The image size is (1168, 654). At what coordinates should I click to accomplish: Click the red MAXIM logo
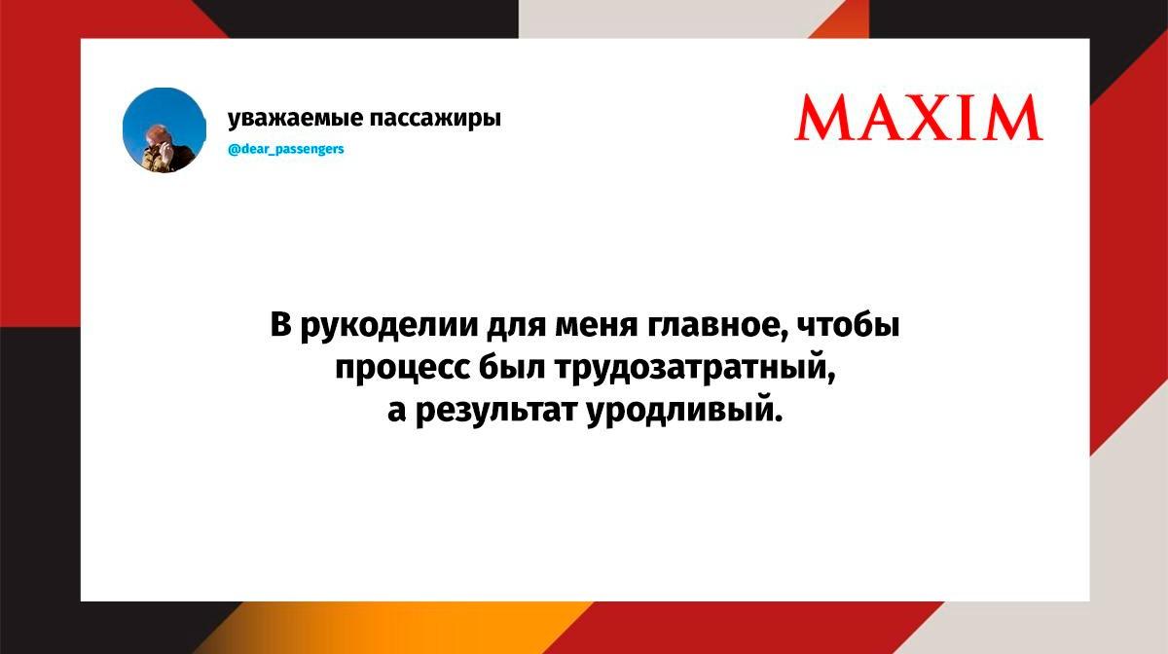[918, 117]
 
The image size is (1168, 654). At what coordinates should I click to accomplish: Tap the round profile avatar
[164, 129]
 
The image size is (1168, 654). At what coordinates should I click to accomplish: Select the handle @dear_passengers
[286, 149]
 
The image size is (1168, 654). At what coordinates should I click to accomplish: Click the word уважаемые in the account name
[295, 119]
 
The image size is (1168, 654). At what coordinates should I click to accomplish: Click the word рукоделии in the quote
[389, 326]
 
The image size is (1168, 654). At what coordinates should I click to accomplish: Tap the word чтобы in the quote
[849, 324]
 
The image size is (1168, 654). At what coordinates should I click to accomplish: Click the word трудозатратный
[695, 369]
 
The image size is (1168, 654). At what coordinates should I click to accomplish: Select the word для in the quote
[516, 326]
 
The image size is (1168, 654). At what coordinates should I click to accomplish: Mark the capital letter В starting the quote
[280, 324]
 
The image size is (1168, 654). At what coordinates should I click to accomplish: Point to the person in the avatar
[164, 149]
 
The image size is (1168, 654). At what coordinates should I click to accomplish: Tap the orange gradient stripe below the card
[396, 628]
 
